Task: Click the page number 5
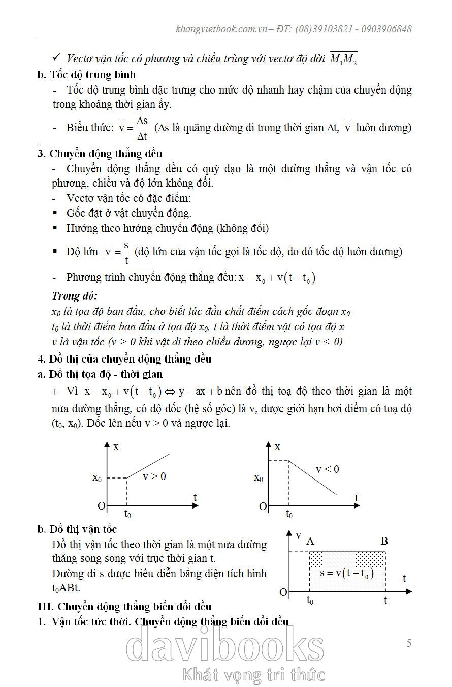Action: click(x=409, y=643)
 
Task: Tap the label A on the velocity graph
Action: click(x=310, y=541)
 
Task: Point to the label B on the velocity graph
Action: click(x=384, y=541)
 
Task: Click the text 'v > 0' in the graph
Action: click(x=154, y=476)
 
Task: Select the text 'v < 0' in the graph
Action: click(x=327, y=469)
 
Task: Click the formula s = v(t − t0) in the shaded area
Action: click(x=347, y=573)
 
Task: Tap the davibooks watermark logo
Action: click(x=224, y=646)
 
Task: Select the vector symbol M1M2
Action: click(x=344, y=59)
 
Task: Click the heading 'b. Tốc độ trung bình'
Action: click(x=86, y=75)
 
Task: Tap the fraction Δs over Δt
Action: click(x=142, y=128)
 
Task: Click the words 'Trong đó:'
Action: click(x=75, y=296)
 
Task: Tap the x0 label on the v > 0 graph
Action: click(x=97, y=478)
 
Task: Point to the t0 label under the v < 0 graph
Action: click(x=289, y=514)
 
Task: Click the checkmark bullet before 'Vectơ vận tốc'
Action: click(x=57, y=58)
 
